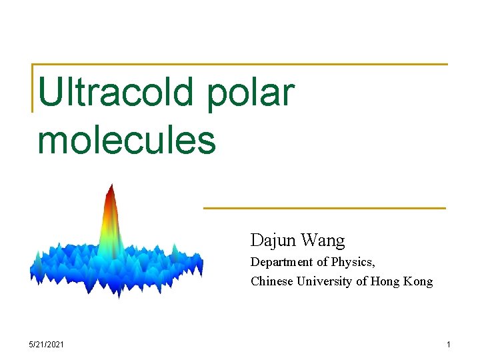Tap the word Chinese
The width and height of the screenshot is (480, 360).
[x=272, y=281]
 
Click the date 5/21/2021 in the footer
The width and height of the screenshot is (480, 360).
[x=47, y=344]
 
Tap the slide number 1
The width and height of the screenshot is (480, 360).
[x=449, y=344]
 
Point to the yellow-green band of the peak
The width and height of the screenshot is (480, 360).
[x=111, y=230]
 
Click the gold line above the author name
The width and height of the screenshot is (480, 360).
[x=324, y=208]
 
